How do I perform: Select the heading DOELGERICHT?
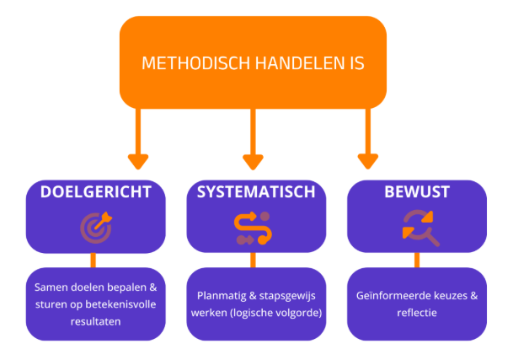(95, 191)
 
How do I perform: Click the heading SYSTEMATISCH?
(256, 191)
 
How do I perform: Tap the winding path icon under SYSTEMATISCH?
(255, 227)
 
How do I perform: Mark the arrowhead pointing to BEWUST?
(368, 160)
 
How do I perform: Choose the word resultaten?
(94, 320)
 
